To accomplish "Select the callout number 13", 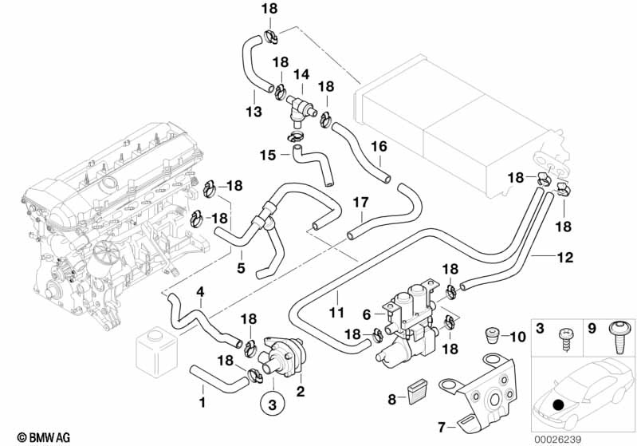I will click(253, 112).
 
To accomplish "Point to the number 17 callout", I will click(361, 203).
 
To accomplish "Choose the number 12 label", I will click(542, 258).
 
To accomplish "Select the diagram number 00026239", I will click(602, 436).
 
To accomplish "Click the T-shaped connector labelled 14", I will click(299, 105).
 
